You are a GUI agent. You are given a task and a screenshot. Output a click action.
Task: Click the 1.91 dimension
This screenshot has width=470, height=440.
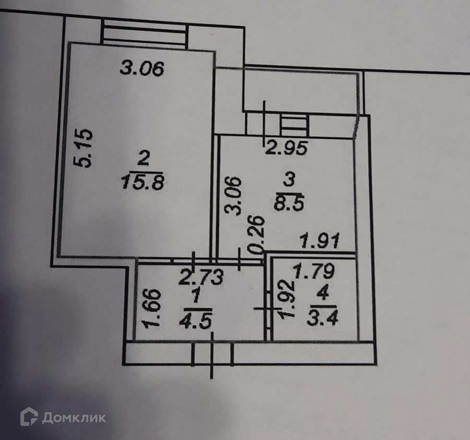(319, 242)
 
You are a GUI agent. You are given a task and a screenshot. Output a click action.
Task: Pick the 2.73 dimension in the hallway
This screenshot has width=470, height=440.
(201, 276)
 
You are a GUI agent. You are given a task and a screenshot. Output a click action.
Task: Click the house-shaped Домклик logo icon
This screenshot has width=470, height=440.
(29, 417)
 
